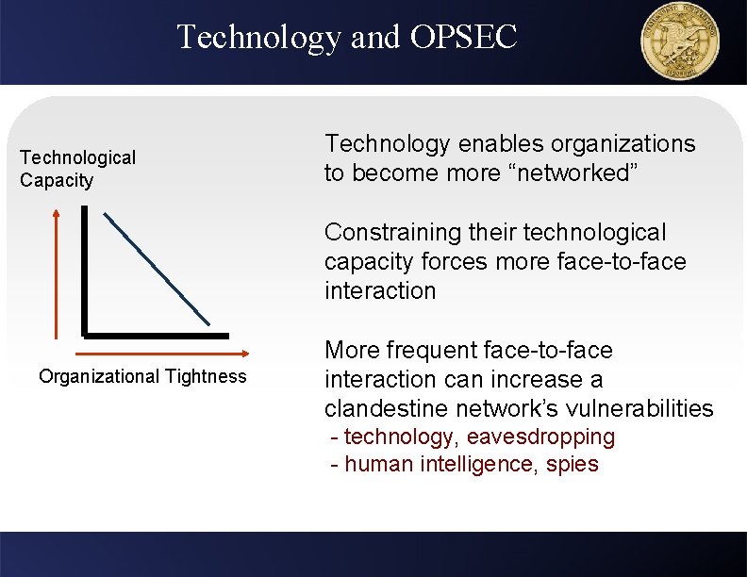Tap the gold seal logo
(x=679, y=41)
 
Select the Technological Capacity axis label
(x=77, y=169)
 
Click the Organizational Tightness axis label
(x=142, y=377)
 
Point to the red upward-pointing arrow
(x=57, y=273)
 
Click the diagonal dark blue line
(x=157, y=267)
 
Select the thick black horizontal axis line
(x=156, y=335)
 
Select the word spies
(x=572, y=465)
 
